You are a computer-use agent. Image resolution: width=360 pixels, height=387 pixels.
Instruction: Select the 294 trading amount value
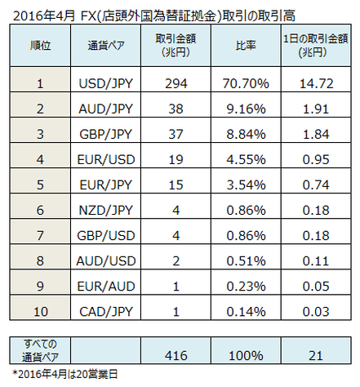click(x=176, y=83)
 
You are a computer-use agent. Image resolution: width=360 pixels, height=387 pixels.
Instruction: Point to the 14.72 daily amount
click(x=316, y=83)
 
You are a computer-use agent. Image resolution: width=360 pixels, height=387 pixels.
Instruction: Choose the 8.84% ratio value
click(x=246, y=134)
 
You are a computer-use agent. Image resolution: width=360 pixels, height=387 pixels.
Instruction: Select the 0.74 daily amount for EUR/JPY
click(x=316, y=185)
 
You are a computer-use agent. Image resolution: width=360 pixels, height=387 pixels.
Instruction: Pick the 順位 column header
click(x=40, y=45)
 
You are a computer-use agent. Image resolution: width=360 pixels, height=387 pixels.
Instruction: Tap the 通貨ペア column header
click(x=106, y=45)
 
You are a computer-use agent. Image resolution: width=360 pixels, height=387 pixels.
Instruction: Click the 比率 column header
click(x=246, y=45)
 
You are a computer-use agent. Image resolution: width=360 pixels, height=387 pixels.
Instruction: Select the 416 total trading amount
click(x=176, y=355)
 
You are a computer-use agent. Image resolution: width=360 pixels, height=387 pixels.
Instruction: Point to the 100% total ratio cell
click(x=246, y=355)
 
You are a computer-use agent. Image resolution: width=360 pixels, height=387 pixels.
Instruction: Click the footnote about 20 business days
click(x=65, y=375)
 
